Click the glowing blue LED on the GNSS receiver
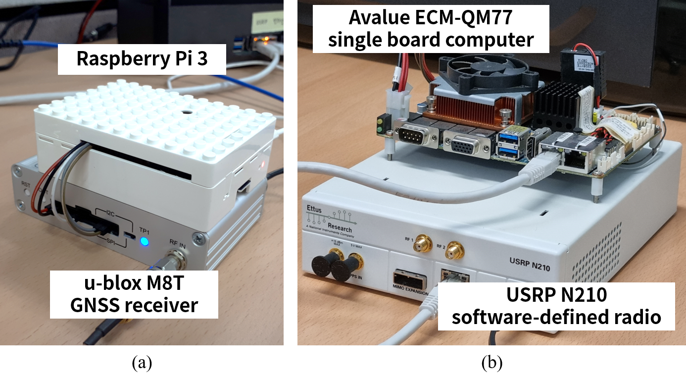[x=145, y=242]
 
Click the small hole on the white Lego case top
[x=188, y=111]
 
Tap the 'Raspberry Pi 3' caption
[x=142, y=59]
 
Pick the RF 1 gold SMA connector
[x=422, y=243]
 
